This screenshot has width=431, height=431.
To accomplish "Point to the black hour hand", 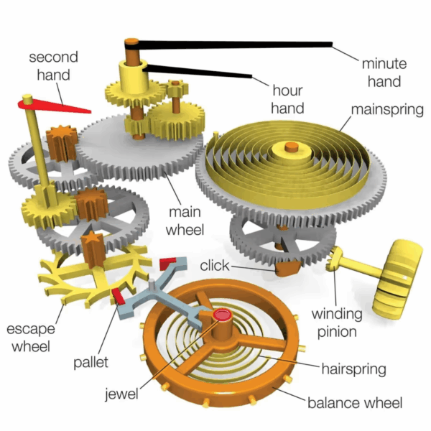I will pyautogui.click(x=201, y=71).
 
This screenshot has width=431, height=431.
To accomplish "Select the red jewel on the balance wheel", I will pyautogui.click(x=222, y=314).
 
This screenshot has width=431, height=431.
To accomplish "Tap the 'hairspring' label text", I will pyautogui.click(x=354, y=369).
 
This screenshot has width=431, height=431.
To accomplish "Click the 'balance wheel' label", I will pyautogui.click(x=355, y=402).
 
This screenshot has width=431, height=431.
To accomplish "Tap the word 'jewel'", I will pyautogui.click(x=122, y=393).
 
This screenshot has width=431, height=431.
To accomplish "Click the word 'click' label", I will pyautogui.click(x=215, y=266).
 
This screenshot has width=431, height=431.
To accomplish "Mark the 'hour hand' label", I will pyautogui.click(x=288, y=99).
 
